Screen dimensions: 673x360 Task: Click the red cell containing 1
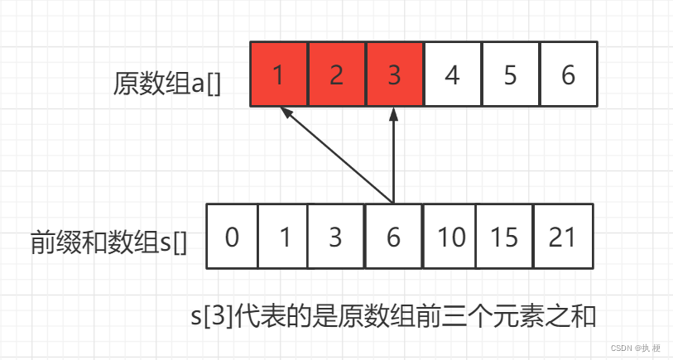[x=278, y=74]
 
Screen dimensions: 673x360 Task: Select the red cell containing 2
[x=336, y=74]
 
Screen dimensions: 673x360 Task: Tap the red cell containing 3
[x=394, y=74]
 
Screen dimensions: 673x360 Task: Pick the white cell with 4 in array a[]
[x=452, y=74]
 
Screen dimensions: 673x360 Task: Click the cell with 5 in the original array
[x=510, y=74]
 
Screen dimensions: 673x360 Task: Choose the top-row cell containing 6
[x=568, y=74]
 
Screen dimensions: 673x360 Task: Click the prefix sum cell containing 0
[x=232, y=237]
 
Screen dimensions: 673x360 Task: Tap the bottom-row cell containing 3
[x=335, y=237]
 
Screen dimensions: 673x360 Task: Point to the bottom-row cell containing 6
[x=393, y=237]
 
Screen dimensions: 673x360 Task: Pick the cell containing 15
[x=504, y=237]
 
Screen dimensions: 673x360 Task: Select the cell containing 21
[x=563, y=237]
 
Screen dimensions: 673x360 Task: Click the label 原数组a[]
[x=167, y=84]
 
